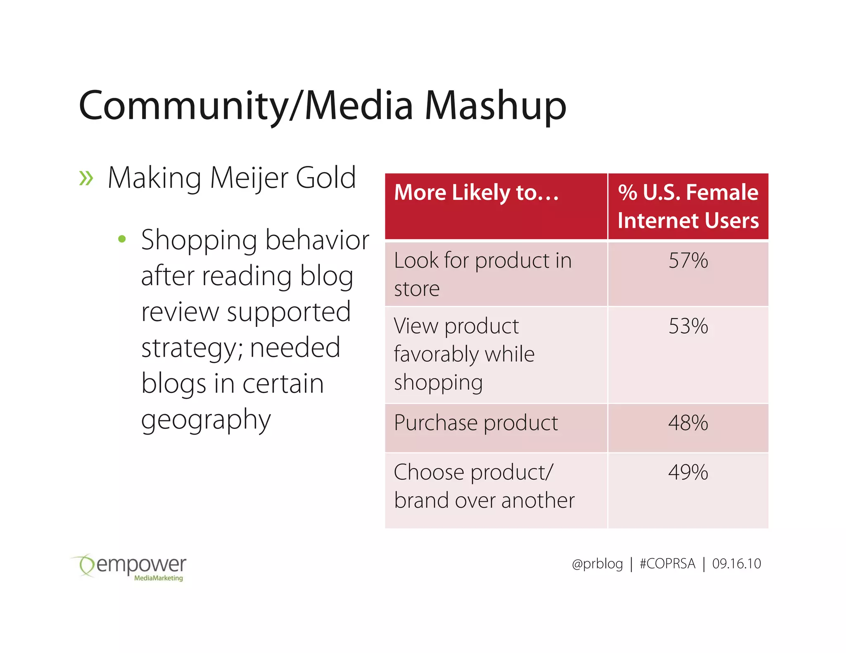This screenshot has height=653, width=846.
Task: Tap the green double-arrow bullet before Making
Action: click(86, 178)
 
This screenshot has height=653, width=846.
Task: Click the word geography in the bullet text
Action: click(206, 420)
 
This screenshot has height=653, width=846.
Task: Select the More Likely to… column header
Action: click(476, 192)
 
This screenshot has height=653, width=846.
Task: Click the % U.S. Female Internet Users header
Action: click(688, 206)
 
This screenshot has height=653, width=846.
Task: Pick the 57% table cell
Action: click(688, 260)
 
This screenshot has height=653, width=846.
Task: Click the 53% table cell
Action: click(688, 326)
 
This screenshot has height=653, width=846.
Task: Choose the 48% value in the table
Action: click(688, 423)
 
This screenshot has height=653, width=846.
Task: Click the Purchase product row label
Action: click(476, 423)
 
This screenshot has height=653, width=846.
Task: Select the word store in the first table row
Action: click(416, 289)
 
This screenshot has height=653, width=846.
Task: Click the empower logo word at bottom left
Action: click(140, 564)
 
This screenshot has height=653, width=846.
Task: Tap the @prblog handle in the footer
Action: click(597, 564)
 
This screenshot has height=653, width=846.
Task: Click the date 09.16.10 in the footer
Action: click(736, 564)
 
